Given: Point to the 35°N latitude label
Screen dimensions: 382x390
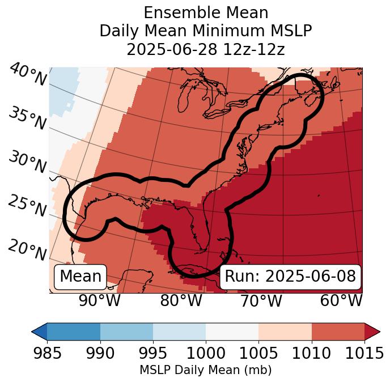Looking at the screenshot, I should coord(27,120).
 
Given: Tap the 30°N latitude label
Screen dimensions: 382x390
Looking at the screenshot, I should coord(27,163).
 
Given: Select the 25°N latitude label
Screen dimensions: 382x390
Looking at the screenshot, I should coord(27,207).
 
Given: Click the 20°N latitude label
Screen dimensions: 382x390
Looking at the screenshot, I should coord(27,250).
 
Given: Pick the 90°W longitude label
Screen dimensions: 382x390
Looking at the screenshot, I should coord(99,301).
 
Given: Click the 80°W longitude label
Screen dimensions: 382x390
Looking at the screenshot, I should coord(180,301).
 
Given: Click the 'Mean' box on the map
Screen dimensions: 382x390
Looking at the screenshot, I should coord(80,277).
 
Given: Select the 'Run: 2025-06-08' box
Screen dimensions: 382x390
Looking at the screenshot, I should coord(290,277).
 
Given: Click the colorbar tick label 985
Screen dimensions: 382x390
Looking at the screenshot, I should coord(48,354).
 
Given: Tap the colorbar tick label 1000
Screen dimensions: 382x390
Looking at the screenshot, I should coord(206,354).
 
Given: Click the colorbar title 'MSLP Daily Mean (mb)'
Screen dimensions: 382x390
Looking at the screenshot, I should coord(205,371).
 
